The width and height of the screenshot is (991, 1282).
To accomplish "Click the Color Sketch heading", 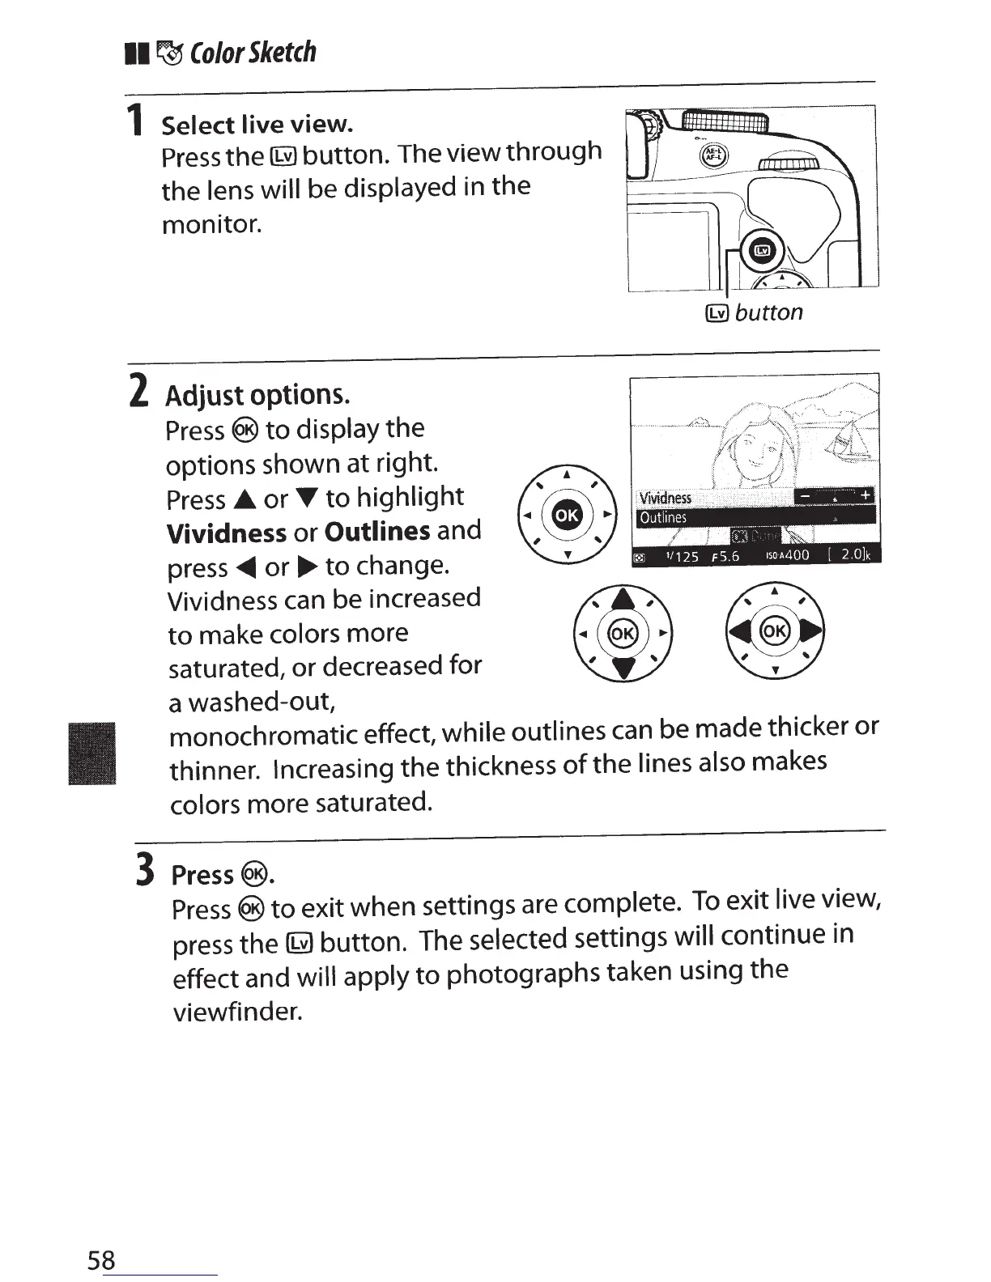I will (252, 53).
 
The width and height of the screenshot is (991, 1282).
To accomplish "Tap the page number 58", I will (101, 1259).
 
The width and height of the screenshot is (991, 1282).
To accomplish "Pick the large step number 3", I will (145, 871).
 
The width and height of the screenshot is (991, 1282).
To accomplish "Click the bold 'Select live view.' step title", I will (257, 125).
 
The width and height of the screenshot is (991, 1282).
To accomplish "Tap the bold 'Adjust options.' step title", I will (257, 395).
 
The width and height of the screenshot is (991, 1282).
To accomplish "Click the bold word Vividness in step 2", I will (226, 533).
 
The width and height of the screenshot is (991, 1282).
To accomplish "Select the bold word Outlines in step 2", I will (377, 531).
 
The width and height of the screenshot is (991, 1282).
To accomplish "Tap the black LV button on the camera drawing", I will (761, 251).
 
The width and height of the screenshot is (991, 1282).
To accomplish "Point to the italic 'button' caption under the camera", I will (768, 312).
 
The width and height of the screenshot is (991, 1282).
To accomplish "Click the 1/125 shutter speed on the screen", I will (681, 556).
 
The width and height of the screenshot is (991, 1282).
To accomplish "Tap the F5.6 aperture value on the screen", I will (725, 556).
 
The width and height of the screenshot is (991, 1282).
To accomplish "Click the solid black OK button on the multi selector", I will (567, 514).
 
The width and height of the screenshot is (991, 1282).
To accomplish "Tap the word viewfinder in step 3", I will (236, 1011).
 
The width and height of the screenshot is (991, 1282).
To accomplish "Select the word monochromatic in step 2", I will (264, 736).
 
